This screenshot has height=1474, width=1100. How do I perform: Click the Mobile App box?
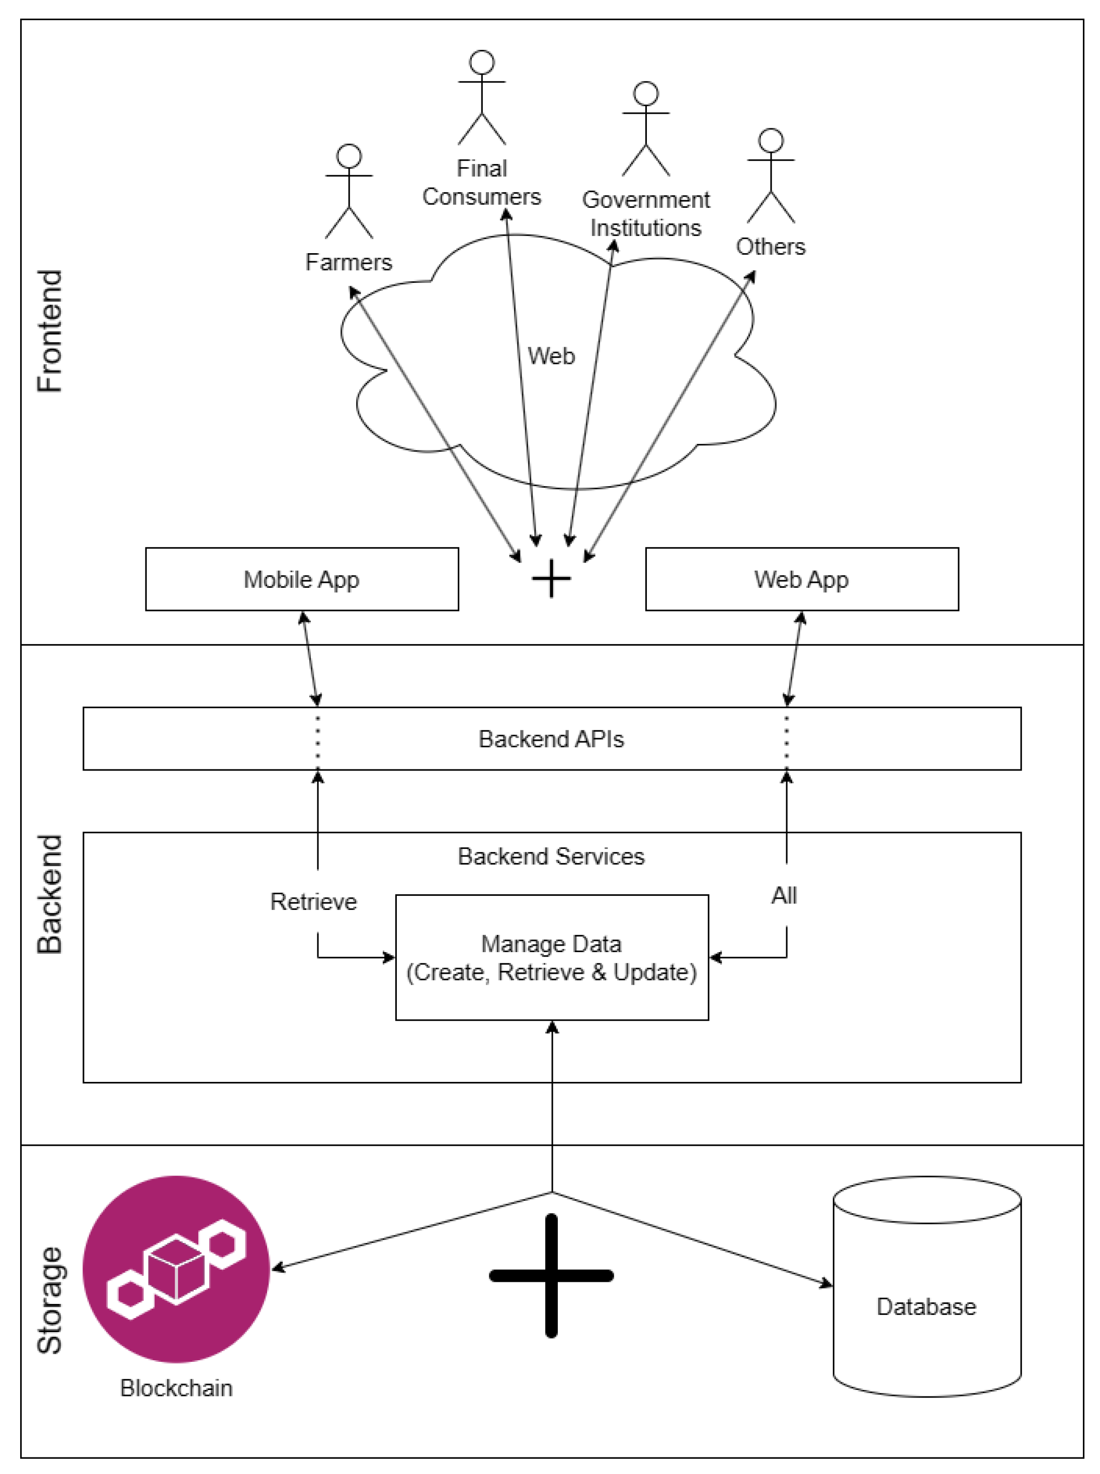[302, 579]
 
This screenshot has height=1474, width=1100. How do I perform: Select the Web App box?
[802, 579]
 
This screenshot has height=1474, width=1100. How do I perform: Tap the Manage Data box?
[551, 957]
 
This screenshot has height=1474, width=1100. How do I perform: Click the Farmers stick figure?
[349, 191]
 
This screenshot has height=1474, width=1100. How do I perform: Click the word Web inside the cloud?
[551, 356]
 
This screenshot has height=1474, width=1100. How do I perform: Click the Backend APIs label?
[551, 739]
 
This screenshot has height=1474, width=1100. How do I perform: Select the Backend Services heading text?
[551, 856]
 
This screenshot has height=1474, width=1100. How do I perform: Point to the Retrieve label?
[314, 901]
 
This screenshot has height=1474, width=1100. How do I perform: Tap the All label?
[784, 895]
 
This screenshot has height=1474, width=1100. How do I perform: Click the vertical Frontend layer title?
[50, 331]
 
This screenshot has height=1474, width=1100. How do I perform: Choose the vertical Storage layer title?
[50, 1300]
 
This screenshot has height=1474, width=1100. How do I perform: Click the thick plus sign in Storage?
[551, 1276]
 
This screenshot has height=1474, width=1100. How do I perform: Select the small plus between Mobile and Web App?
[551, 578]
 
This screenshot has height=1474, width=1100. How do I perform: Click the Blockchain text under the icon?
[177, 1387]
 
